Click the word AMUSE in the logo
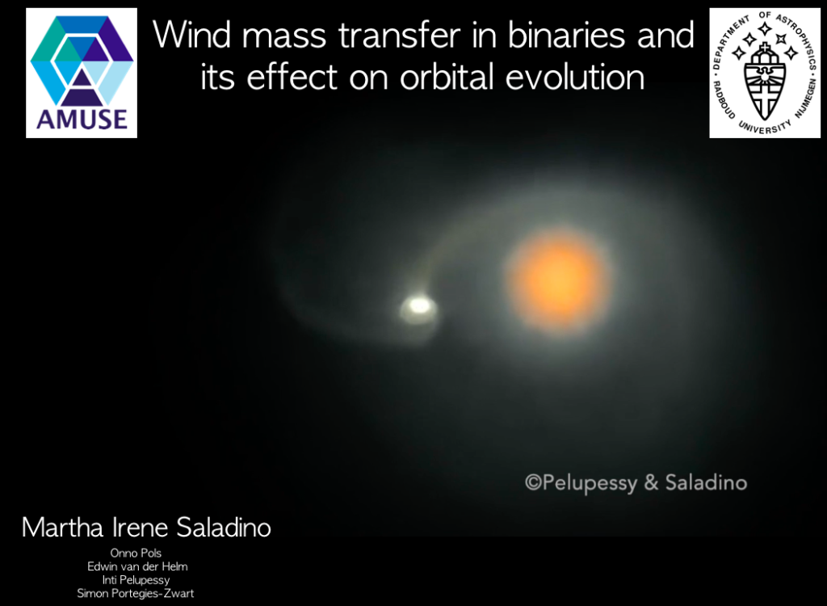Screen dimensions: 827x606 (82, 120)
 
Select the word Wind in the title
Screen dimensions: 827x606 (191, 35)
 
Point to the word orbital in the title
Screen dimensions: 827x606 (447, 77)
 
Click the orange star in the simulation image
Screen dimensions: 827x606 (558, 281)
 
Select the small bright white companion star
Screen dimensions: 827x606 (419, 306)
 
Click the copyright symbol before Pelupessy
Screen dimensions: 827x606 (533, 482)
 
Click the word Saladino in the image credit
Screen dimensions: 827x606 (706, 482)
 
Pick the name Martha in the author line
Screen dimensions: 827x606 (62, 528)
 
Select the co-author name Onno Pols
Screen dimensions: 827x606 (136, 553)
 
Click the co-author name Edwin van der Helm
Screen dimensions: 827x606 (137, 566)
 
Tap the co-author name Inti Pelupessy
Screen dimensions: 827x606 (136, 580)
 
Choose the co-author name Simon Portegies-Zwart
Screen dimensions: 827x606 (136, 593)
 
